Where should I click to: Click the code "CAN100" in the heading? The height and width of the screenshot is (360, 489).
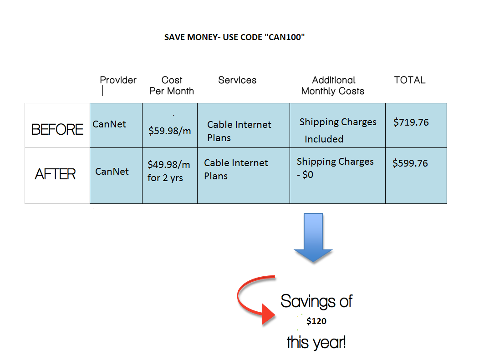point(284,37)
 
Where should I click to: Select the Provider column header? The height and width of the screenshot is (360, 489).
point(118,80)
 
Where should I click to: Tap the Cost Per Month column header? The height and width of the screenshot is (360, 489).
point(172,86)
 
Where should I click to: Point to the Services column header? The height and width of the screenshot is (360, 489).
point(237,80)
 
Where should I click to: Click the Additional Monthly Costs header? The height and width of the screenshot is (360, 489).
point(333,86)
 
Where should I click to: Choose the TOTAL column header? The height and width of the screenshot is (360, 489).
point(409,80)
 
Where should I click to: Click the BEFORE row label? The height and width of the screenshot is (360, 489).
point(57,129)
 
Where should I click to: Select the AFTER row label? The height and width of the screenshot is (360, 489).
point(55,174)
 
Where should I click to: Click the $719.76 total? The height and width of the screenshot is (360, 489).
point(411,122)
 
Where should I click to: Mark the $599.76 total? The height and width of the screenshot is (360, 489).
point(410,163)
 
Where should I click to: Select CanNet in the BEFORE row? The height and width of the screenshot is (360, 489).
point(109,124)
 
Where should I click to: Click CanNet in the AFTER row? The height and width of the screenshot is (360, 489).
point(112,172)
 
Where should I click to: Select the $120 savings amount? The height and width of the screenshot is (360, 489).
point(316,321)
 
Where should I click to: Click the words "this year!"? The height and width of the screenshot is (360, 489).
point(316,342)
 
